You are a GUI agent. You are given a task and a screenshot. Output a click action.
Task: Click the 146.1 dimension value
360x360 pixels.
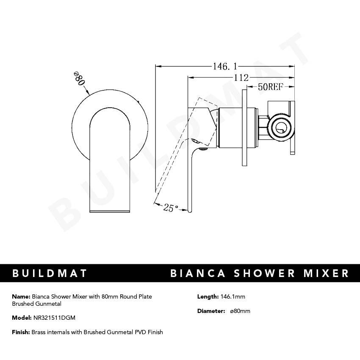tap(224, 66)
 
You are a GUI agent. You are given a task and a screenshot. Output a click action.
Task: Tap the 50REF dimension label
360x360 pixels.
tap(270, 87)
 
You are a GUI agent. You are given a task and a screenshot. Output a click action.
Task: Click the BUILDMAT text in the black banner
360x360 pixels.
tap(50, 273)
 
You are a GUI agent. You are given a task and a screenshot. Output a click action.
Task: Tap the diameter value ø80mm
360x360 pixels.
tap(240, 311)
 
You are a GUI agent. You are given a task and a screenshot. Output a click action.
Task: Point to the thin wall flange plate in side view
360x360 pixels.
tap(244, 127)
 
